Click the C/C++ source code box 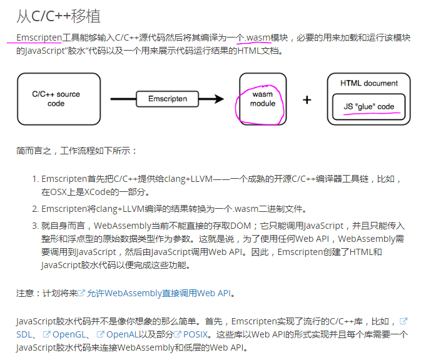(56, 99)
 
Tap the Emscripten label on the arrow (168, 99)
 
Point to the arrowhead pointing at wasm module (218, 99)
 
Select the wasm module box (263, 99)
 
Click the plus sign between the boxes (307, 99)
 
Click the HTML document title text (368, 83)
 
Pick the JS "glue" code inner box (368, 106)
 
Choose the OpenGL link (69, 334)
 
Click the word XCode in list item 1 (99, 191)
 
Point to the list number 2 (34, 209)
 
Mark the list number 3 (34, 226)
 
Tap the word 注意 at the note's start (25, 292)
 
